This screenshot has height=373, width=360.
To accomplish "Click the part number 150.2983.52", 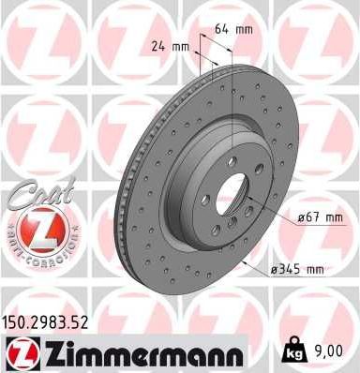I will [x=53, y=322].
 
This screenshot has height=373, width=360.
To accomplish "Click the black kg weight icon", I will [x=293, y=351].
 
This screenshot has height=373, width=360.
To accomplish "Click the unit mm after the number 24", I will [x=178, y=44].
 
